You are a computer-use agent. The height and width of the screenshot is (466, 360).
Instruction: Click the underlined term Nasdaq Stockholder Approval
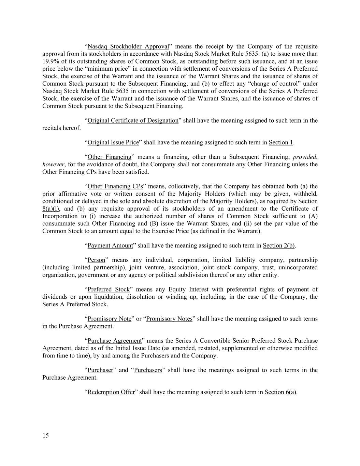tap(128, 46)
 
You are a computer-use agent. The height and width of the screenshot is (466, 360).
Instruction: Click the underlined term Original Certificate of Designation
tap(133, 121)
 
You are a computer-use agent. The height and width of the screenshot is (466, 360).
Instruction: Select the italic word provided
tap(304, 157)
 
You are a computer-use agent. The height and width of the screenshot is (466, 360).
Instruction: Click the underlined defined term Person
tap(96, 260)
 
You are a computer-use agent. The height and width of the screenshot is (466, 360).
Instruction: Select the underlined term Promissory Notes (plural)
tap(169, 319)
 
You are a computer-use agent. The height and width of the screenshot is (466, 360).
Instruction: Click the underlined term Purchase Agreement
tap(114, 341)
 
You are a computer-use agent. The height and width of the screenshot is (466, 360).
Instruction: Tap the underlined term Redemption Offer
tap(111, 392)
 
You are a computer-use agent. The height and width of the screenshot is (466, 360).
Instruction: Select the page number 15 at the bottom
tap(46, 435)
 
